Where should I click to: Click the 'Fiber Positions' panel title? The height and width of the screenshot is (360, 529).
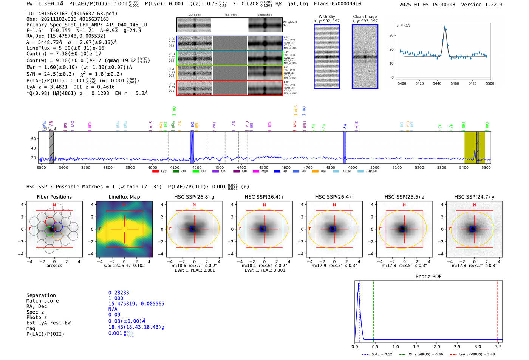(54, 197)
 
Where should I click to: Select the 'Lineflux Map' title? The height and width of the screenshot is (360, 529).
(124, 197)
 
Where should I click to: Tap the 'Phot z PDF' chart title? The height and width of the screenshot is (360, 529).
(428, 277)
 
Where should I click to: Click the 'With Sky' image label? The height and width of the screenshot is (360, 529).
(326, 17)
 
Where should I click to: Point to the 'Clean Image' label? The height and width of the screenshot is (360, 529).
(365, 17)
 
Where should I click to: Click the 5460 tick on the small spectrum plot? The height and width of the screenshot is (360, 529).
(455, 83)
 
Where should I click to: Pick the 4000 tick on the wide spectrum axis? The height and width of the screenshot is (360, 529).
(152, 168)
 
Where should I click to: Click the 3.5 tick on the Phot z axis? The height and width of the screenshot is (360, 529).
(498, 346)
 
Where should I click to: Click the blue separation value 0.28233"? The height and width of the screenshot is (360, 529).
(120, 293)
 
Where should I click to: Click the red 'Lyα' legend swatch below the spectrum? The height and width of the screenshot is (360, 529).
(155, 172)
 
